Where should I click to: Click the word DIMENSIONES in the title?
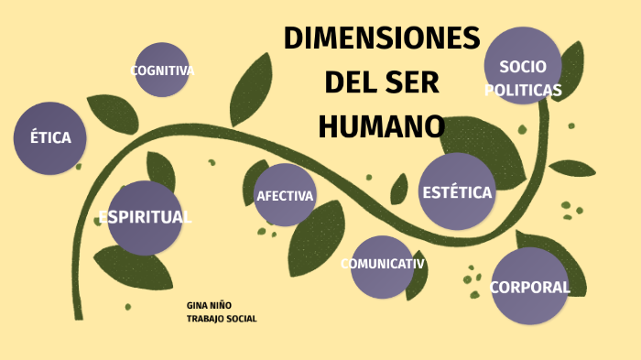[x=381, y=39]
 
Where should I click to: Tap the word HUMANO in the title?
[x=381, y=126]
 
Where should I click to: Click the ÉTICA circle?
[x=49, y=138]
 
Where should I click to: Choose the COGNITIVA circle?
[x=162, y=70]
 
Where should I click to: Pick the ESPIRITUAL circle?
[x=145, y=217]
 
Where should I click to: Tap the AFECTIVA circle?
[x=285, y=195]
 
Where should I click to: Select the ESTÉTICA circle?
[x=457, y=191]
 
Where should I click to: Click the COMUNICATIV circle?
[x=382, y=267]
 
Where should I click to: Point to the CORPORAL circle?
[x=529, y=286]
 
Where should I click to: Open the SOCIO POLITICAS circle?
[x=523, y=66]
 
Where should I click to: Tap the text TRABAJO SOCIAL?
[x=222, y=319]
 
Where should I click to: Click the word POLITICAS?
[x=523, y=90]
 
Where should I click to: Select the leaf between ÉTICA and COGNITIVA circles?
[x=114, y=113]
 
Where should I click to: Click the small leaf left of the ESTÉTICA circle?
[x=399, y=190]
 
